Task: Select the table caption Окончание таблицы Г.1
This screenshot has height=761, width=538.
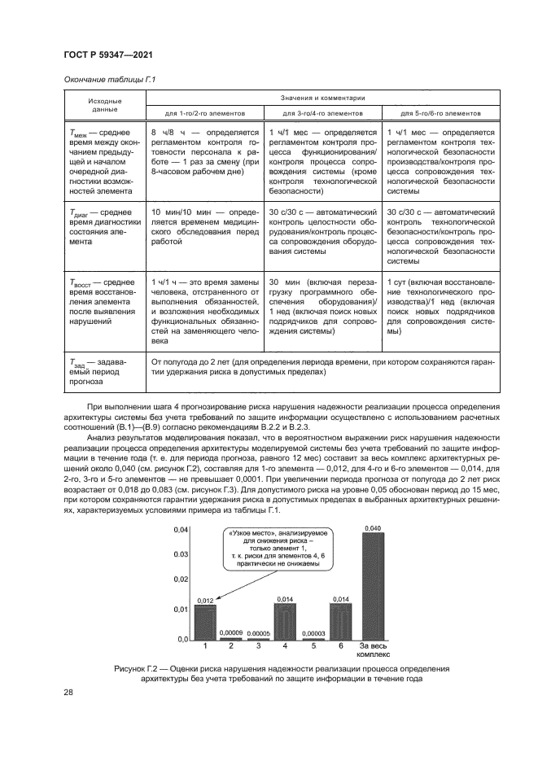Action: click(x=100, y=80)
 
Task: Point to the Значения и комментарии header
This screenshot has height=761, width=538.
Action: click(x=323, y=96)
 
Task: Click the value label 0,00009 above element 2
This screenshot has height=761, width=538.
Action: click(x=232, y=632)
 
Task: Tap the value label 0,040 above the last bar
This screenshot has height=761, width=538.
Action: click(x=372, y=528)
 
